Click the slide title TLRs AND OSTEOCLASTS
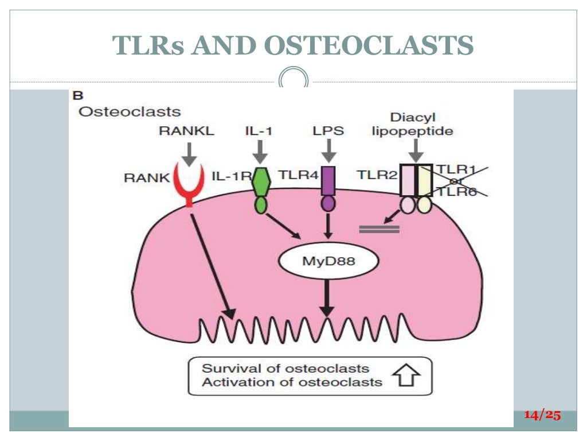tap(293, 45)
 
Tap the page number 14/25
tap(542, 415)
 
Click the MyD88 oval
tap(328, 262)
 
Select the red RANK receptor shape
tap(188, 184)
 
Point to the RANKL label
tap(186, 131)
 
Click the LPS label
tap(328, 131)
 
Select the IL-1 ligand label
tap(259, 131)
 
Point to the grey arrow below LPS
tap(328, 152)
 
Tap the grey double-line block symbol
tap(379, 230)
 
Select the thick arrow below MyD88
tap(327, 296)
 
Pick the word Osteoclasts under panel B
tap(130, 111)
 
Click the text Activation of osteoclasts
tap(292, 382)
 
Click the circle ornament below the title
tap(293, 79)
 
